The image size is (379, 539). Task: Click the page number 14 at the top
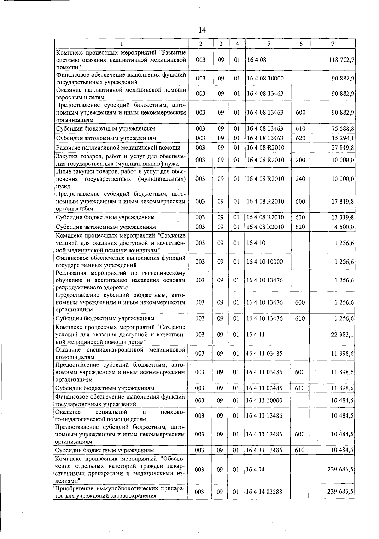[202, 30]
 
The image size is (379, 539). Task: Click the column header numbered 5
[268, 44]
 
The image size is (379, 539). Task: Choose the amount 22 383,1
[342, 335]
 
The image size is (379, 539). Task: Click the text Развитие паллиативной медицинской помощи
[118, 148]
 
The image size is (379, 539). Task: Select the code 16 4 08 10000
[265, 78]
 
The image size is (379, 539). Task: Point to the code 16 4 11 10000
[264, 400]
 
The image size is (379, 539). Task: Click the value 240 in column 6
[300, 179]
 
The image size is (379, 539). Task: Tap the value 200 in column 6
[300, 160]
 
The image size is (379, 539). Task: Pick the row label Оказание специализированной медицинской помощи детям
[120, 353]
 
